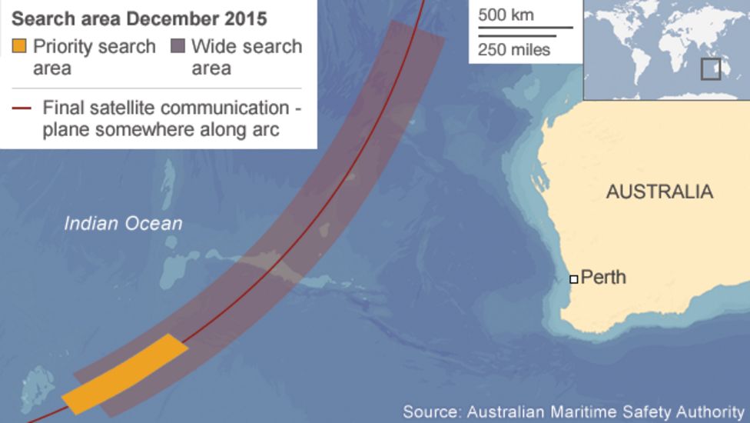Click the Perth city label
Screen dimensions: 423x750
(x=603, y=277)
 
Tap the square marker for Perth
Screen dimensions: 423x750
(x=573, y=279)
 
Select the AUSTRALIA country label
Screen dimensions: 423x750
(x=659, y=192)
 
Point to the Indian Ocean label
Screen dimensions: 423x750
(x=123, y=224)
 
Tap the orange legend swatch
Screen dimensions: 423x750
(x=18, y=46)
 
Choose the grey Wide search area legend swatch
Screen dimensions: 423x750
(x=178, y=46)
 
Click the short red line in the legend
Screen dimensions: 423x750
(x=20, y=108)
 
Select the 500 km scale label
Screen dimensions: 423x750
(x=506, y=15)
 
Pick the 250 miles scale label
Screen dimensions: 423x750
(x=514, y=50)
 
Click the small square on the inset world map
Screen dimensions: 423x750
(x=710, y=69)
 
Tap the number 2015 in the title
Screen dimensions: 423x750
(x=244, y=16)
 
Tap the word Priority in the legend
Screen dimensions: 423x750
(x=61, y=46)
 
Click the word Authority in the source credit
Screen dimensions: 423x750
(x=709, y=411)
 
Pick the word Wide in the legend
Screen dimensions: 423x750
(x=209, y=46)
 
